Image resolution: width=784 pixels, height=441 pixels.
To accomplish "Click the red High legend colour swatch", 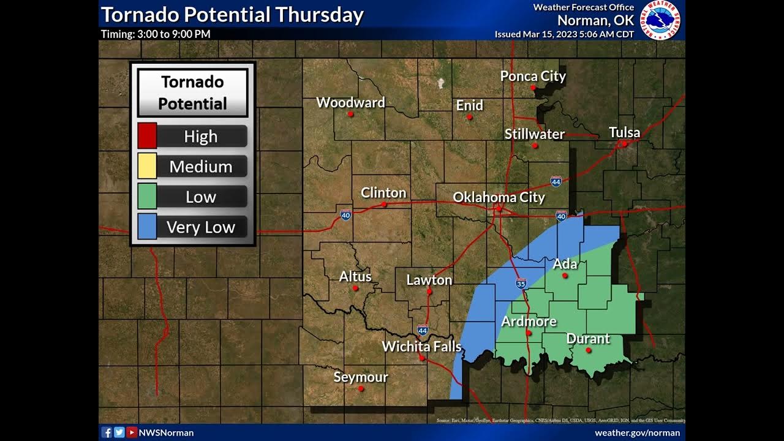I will point(147,136).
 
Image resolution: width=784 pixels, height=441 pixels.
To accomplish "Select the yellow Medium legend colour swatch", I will point(147,166).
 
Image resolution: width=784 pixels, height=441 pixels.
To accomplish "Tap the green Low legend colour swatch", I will point(147,197).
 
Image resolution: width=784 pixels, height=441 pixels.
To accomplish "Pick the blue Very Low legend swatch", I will point(147,227).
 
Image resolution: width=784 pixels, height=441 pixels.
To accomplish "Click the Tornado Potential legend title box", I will point(192,92).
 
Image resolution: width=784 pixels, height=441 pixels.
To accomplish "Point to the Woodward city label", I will point(350,102).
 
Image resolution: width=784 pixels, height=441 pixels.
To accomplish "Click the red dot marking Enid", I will point(470,116).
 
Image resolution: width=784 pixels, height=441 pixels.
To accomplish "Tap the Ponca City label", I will point(533,76).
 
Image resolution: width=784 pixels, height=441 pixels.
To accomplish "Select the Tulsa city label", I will point(624,132).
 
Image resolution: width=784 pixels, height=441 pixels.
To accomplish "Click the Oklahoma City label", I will point(499,197).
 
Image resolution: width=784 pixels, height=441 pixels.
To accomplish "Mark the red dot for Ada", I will point(565,276).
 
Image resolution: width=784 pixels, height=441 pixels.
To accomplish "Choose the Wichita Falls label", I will point(421,346).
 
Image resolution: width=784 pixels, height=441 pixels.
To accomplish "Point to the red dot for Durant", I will point(589,350).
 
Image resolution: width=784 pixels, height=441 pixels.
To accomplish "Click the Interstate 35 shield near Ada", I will point(521,284).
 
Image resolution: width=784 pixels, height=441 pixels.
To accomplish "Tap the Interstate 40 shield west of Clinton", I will point(345,215).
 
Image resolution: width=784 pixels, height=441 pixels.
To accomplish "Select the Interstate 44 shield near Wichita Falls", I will point(423,330).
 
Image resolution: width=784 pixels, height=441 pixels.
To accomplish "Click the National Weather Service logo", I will point(660,20).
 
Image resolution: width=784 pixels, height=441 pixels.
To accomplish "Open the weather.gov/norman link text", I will point(637,433).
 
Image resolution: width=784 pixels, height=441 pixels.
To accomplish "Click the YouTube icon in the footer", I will point(132,432).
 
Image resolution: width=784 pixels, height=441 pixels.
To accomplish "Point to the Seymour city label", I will point(360,377).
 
